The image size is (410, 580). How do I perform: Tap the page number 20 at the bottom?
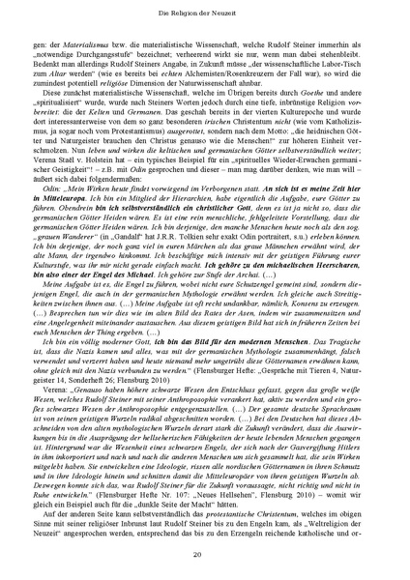click(x=205, y=554)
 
